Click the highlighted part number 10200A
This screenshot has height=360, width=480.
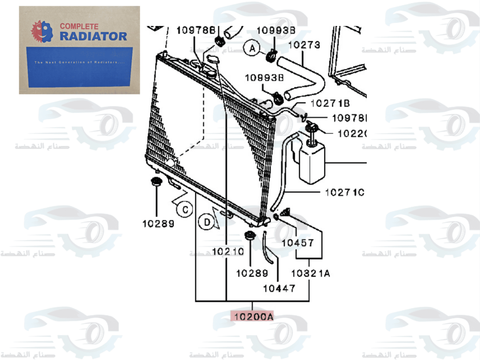point(252,316)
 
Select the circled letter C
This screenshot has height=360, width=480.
point(184,209)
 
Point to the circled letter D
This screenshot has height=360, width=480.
point(207,222)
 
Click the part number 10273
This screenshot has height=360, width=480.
point(303,46)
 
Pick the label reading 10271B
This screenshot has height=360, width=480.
point(330,103)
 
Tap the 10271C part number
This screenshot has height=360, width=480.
point(345,192)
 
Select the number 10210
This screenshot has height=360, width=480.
point(228,251)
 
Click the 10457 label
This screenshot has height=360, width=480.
point(297,243)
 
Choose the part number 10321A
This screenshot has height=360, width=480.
point(311,274)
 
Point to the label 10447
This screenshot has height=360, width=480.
point(279,288)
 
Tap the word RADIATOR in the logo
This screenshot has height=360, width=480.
point(94,36)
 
